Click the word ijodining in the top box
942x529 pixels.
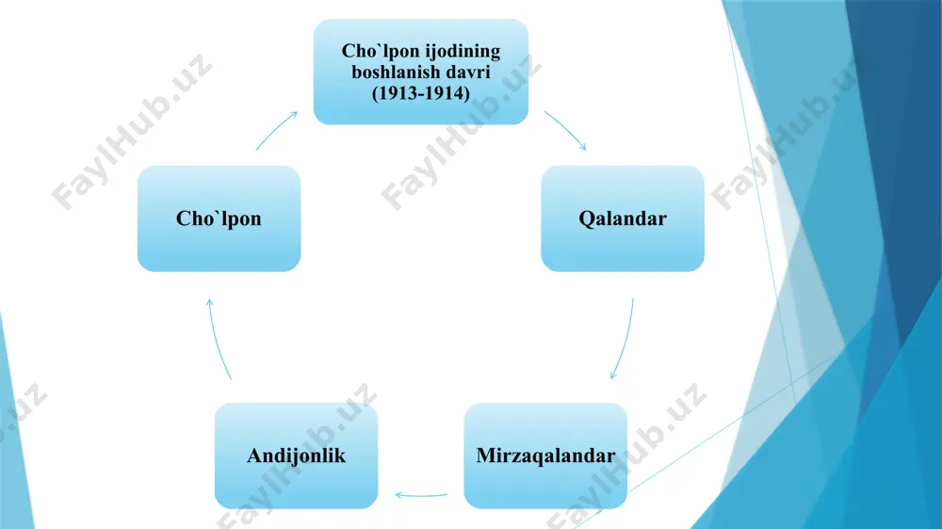(463, 52)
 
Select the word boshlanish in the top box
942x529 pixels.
(391, 72)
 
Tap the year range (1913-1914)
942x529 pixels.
(420, 93)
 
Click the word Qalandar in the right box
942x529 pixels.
(623, 218)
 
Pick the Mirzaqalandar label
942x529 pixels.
(545, 456)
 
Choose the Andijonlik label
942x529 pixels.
(296, 456)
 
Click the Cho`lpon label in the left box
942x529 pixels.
(219, 218)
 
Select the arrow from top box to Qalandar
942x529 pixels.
(566, 129)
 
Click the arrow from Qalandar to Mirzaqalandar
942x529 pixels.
(625, 340)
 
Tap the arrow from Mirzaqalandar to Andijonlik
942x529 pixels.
(420, 496)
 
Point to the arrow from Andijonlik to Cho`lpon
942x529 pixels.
(218, 339)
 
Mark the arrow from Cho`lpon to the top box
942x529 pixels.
(275, 130)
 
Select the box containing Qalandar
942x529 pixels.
(623, 218)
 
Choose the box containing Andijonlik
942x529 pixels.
(296, 456)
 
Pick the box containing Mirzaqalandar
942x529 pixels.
(545, 456)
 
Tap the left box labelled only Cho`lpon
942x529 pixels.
(219, 218)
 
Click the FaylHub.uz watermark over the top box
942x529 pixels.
(462, 132)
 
